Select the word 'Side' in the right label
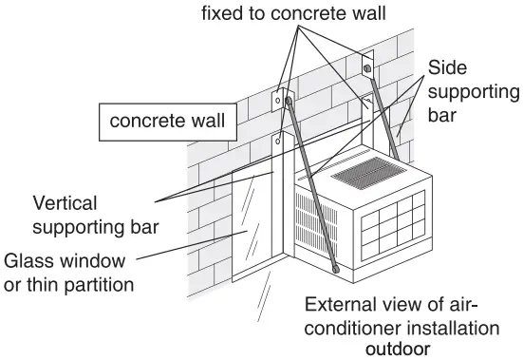[447, 68]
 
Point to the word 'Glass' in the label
[28, 259]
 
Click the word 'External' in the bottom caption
[340, 306]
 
